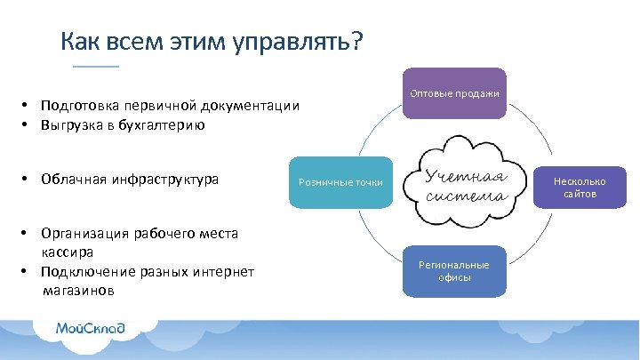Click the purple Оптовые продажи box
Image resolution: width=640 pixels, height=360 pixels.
[454, 93]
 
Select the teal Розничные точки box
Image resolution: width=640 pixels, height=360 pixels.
[340, 182]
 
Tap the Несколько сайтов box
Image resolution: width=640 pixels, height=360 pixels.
[575, 187]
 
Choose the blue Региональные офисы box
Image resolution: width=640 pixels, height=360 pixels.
[454, 270]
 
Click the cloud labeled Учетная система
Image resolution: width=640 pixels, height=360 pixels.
[466, 183]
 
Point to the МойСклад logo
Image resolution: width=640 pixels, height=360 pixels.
[90, 328]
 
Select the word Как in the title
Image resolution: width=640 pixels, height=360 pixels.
[79, 42]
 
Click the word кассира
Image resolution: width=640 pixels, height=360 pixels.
[68, 252]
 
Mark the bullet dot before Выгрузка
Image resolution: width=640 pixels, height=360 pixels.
[28, 125]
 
